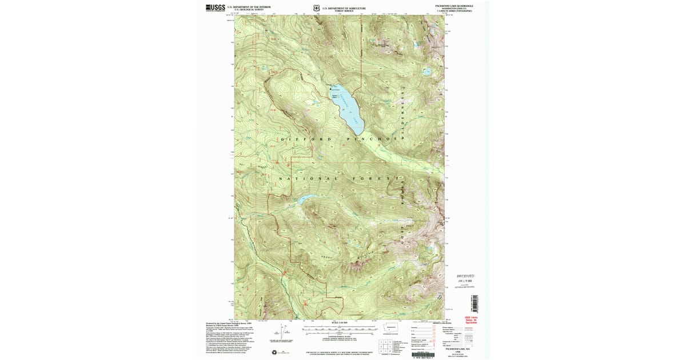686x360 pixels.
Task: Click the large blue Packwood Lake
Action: coord(346,103)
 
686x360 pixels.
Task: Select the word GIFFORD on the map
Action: coord(298,139)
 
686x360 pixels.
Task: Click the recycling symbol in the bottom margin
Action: coord(274,352)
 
